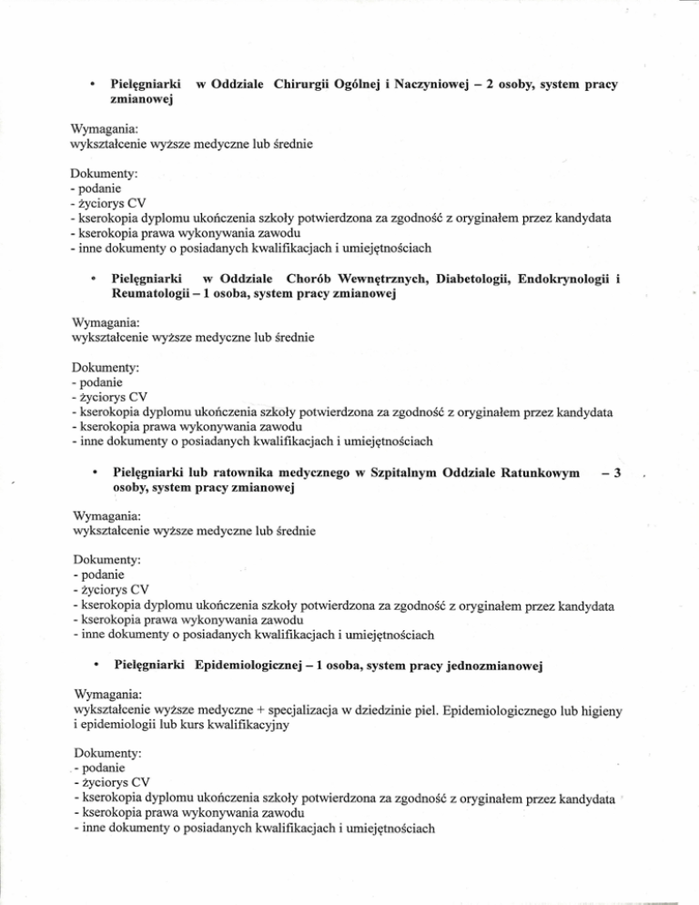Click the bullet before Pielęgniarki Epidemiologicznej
[x=96, y=667]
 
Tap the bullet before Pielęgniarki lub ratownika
[x=96, y=473]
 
